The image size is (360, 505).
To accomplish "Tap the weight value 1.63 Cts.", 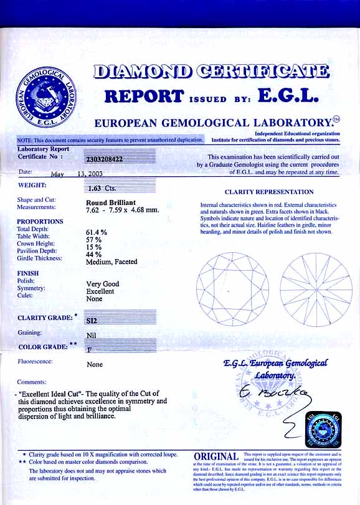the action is point(99,187).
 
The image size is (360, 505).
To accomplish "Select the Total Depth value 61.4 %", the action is point(97,231).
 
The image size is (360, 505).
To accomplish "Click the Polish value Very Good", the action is point(102,284).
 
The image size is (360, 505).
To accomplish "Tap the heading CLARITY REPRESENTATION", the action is point(269,192).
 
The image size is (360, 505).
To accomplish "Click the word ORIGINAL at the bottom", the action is point(216,457).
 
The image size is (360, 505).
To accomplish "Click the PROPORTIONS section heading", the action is point(40,222).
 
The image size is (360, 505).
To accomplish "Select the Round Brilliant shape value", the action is point(111,202).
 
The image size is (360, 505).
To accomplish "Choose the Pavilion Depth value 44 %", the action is point(93,255).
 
